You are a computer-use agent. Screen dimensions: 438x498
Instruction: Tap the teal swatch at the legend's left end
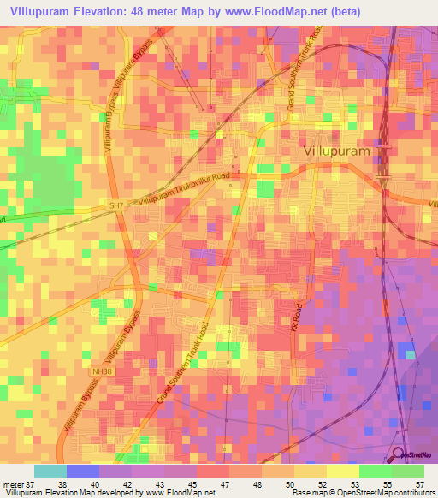(x=50, y=471)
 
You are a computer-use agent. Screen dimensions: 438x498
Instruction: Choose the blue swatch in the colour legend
(x=82, y=471)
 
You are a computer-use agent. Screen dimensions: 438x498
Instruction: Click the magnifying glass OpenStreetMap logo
(x=399, y=454)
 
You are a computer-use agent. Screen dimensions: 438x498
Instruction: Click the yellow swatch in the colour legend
(x=310, y=471)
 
